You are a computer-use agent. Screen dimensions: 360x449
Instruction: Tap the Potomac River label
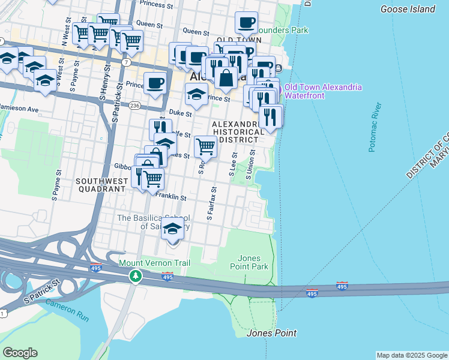click(x=376, y=127)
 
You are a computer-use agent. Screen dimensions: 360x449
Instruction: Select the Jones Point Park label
click(x=249, y=262)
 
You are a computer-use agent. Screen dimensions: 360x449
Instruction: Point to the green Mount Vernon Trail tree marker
click(x=136, y=275)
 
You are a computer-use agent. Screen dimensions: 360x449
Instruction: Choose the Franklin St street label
click(x=170, y=196)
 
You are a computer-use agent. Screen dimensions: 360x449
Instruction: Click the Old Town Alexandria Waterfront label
click(x=323, y=91)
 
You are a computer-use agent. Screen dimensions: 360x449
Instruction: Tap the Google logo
click(x=20, y=353)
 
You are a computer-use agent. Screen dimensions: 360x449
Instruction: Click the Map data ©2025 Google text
click(x=412, y=355)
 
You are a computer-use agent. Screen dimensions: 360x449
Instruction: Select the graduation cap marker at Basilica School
click(x=173, y=229)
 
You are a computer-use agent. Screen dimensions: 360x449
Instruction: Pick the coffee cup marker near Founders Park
click(x=246, y=23)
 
